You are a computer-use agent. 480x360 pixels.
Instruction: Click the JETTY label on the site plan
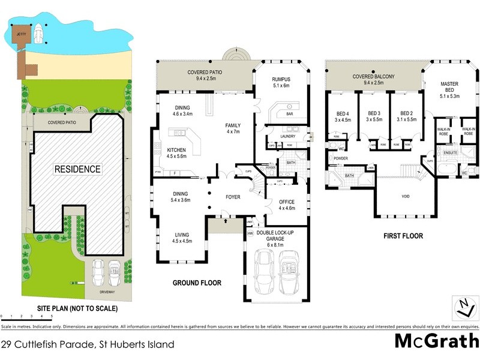click(x=23, y=34)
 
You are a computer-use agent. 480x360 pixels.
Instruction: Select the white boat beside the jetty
click(x=38, y=32)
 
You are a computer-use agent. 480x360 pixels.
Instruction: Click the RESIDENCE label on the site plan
click(x=78, y=169)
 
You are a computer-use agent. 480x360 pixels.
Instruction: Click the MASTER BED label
click(x=454, y=87)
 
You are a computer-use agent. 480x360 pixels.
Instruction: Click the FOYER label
click(x=233, y=196)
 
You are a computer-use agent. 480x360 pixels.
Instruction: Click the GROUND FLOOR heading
click(x=197, y=283)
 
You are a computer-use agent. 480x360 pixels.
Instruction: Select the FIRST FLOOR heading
click(x=404, y=236)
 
